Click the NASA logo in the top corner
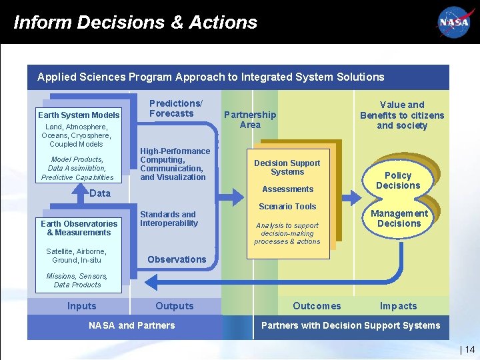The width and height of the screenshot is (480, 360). tap(454, 22)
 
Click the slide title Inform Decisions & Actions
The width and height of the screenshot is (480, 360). tap(135, 22)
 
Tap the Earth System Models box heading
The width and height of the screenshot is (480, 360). tap(79, 115)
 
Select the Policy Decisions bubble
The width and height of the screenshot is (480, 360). tap(398, 181)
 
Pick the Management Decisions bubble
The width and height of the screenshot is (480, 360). tap(399, 219)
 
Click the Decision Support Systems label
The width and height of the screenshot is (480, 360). tap(287, 167)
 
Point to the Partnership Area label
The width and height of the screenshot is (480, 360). tap(250, 119)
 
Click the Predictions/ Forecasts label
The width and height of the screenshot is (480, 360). tap(175, 108)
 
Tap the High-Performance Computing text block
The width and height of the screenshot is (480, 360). tap(175, 164)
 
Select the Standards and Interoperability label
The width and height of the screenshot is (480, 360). tap(169, 219)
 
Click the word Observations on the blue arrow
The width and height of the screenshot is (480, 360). tap(177, 259)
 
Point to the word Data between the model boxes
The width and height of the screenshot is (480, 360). tap(100, 193)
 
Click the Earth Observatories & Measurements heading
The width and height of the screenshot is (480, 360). tap(79, 228)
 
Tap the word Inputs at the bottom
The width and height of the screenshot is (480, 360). tap(81, 306)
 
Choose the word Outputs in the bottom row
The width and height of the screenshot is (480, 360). tap(175, 306)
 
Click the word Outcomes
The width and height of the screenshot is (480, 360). tap(317, 306)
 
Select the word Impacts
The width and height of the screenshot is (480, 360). tap(398, 306)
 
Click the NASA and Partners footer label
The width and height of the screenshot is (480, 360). tap(132, 325)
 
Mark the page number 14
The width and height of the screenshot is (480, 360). tap(469, 349)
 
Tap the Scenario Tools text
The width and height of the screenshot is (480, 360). tap(287, 207)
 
